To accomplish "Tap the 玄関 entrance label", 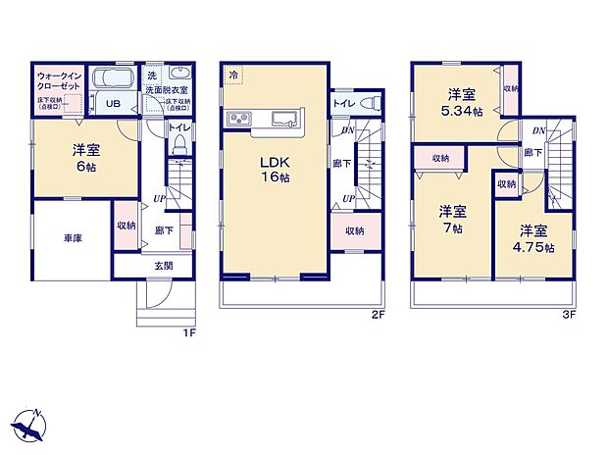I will (x=164, y=265).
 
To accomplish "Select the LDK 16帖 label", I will (x=274, y=169).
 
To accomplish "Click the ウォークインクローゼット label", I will (x=58, y=79).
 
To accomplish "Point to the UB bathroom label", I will (x=113, y=103).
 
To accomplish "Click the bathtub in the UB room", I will (x=113, y=79).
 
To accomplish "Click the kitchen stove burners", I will (x=241, y=121).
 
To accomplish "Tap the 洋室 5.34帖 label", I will (x=462, y=102).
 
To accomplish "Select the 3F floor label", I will (x=569, y=315).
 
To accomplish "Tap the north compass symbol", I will (x=30, y=424).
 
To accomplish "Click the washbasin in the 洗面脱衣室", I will (x=181, y=76).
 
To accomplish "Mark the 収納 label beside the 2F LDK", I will (x=354, y=232).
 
